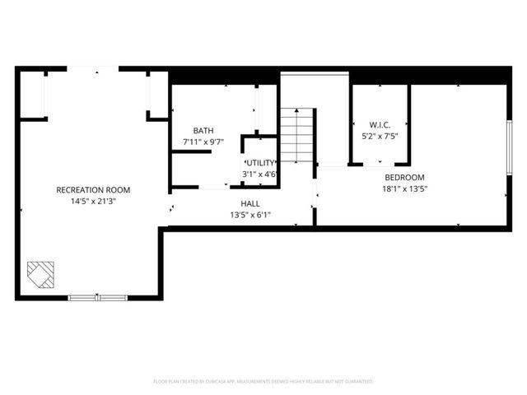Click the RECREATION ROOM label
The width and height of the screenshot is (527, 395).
coord(93,190)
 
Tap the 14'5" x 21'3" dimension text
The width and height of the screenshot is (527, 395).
coord(93,201)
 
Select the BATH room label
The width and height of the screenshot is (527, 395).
coord(203,131)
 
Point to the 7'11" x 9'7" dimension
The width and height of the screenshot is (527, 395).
coord(203,142)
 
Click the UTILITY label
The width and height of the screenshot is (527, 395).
coord(259,163)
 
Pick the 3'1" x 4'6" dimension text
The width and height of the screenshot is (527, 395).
coord(259,174)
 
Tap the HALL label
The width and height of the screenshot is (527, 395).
coord(250,203)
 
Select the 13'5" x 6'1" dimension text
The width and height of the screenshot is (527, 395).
coord(250,215)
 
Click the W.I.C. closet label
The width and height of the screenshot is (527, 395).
coord(379,126)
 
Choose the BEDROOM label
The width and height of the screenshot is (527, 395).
coord(404,178)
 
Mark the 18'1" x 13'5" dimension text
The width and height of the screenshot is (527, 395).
coord(404,188)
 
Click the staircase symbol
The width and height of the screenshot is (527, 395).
coord(298,137)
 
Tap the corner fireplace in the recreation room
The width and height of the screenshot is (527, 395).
coord(41,274)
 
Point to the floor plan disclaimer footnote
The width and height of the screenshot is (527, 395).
coord(263,382)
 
